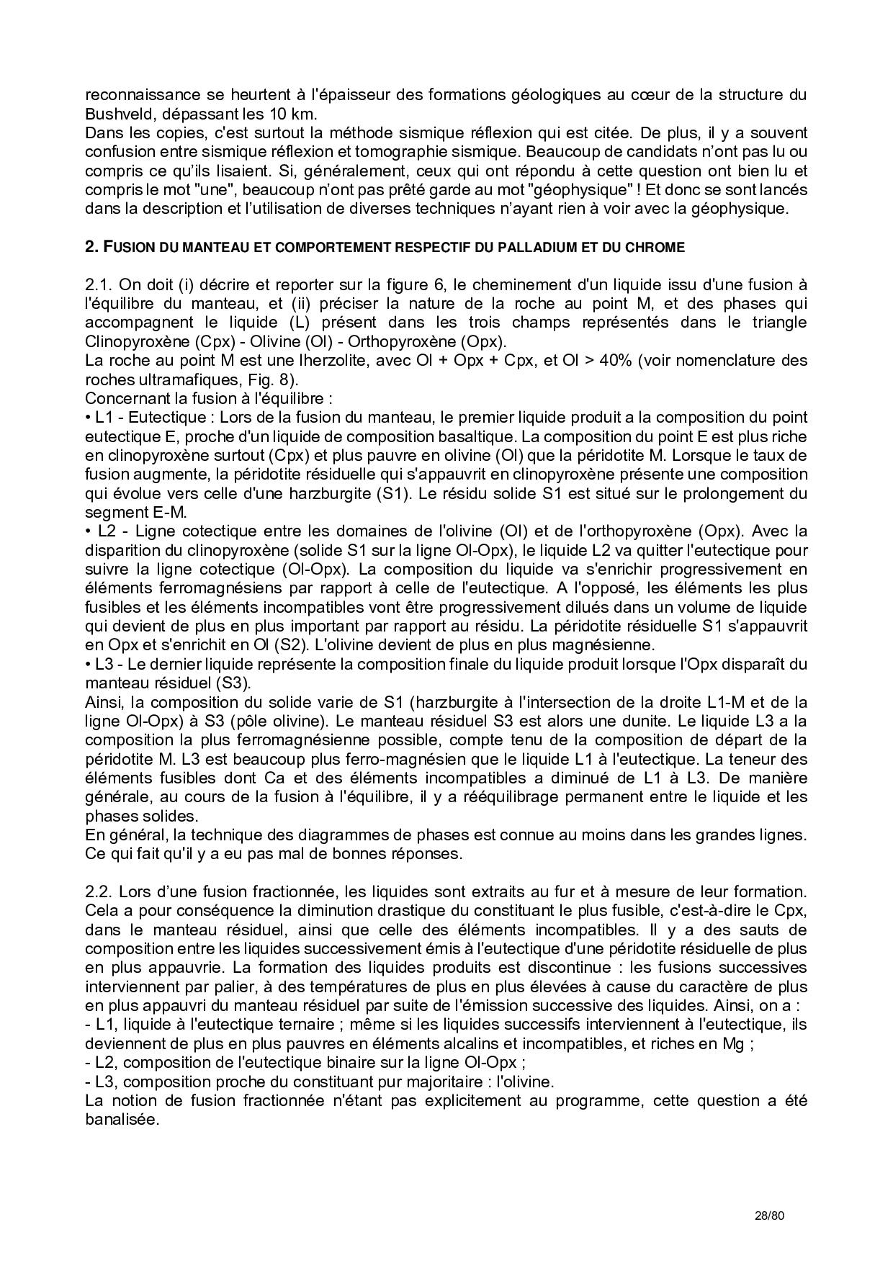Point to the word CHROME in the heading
click(655, 247)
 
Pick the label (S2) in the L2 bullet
click(274, 645)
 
